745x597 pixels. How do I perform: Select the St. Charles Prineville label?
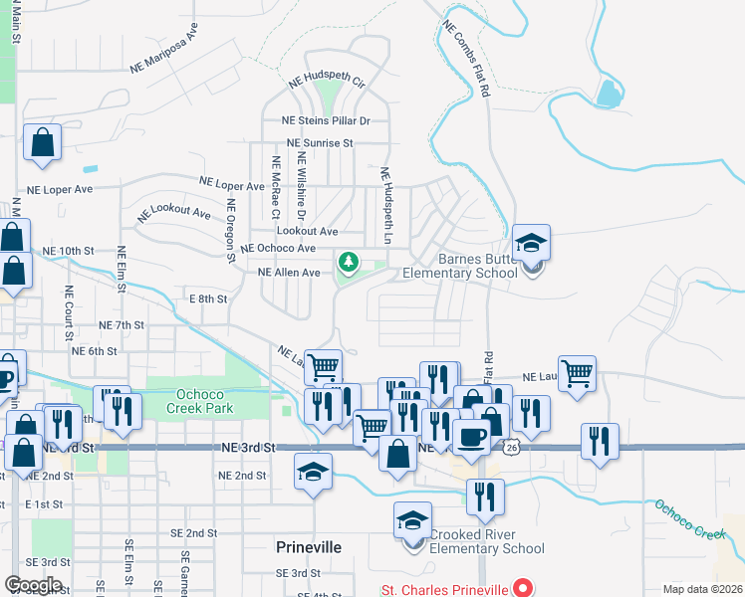click(443, 589)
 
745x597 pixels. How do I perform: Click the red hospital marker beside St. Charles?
click(520, 588)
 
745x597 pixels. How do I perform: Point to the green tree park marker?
click(348, 262)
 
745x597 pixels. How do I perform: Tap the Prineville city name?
click(308, 547)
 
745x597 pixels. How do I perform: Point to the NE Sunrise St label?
click(320, 142)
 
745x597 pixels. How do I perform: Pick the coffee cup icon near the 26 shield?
click(471, 436)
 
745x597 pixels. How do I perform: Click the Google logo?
click(34, 585)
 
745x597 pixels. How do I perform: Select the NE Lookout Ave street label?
click(174, 213)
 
